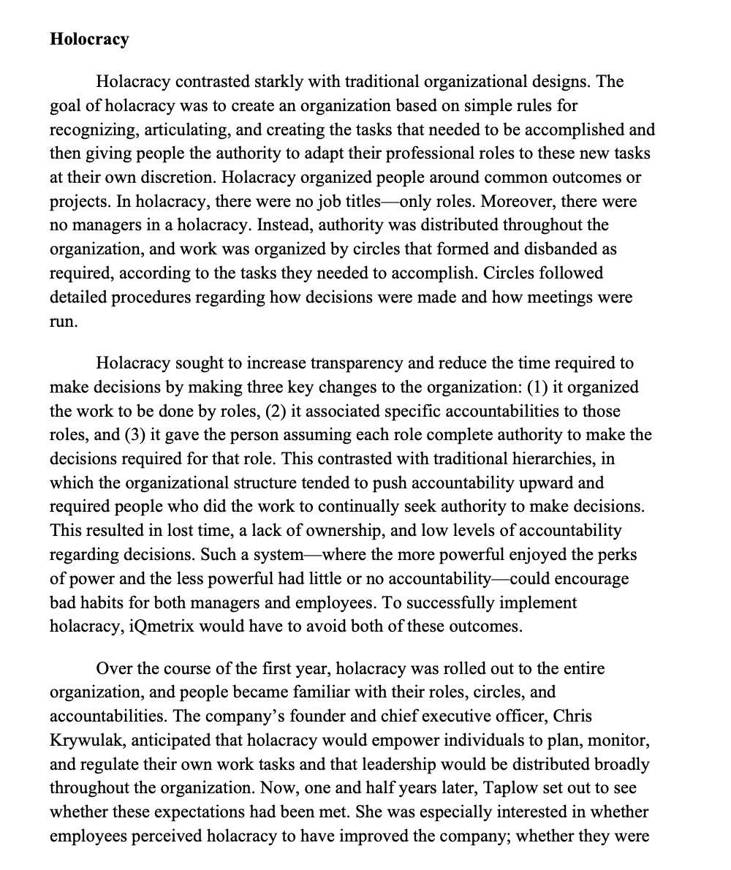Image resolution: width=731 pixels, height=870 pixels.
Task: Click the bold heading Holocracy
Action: pyautogui.click(x=89, y=39)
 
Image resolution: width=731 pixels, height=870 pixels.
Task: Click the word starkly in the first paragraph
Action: pyautogui.click(x=316, y=81)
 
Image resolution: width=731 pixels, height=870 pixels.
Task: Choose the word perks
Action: pyautogui.click(x=618, y=556)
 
